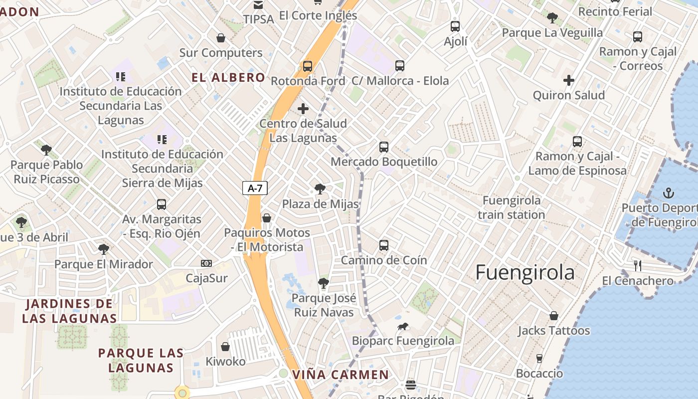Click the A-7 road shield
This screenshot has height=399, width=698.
255,188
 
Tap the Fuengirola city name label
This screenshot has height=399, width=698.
524,273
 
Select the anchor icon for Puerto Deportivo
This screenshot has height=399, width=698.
669,193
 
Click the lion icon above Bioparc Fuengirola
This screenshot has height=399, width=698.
403,327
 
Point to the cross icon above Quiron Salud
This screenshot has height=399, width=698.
569,80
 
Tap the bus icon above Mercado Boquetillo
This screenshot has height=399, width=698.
383,147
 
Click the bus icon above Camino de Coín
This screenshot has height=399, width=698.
383,245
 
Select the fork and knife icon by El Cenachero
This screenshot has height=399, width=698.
637,265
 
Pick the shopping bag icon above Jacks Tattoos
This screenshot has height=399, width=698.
553,316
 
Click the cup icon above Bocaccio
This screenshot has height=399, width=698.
539,358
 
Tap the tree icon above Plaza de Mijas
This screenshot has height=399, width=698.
320,189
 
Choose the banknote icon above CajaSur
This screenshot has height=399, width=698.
206,263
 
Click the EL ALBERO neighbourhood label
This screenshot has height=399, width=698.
229,77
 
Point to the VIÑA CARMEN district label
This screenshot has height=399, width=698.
341,375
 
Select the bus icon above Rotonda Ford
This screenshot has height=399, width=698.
308,66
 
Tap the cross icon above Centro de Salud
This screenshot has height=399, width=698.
303,108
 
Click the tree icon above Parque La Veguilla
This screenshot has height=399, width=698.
552,18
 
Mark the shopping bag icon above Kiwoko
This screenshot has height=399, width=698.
225,347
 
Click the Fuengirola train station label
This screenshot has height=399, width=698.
512,207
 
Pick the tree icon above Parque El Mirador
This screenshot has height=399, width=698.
103,249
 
